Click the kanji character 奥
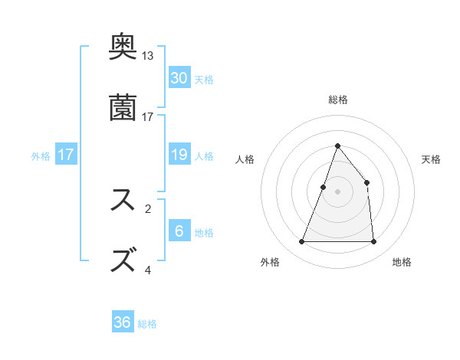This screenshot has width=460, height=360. (123, 47)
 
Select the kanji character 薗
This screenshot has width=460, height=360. (123, 106)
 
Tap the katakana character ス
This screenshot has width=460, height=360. (123, 200)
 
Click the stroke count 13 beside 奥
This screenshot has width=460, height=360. (148, 56)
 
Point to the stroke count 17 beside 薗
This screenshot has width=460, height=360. (148, 116)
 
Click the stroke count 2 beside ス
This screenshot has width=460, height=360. (148, 208)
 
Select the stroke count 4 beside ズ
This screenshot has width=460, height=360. (148, 269)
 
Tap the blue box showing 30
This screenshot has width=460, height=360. (179, 78)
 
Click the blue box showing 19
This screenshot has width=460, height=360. (179, 155)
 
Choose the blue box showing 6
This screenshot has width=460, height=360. (179, 231)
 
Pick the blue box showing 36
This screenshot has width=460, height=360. (123, 322)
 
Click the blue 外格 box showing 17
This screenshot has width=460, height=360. (66, 155)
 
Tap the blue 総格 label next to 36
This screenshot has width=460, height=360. (147, 324)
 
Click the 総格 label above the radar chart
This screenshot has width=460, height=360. (337, 100)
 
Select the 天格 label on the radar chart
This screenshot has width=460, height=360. (432, 159)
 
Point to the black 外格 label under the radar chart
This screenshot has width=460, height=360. (270, 262)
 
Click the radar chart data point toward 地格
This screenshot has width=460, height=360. (373, 242)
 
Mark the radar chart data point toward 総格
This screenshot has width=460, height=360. (337, 146)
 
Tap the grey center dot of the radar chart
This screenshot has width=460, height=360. (337, 191)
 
